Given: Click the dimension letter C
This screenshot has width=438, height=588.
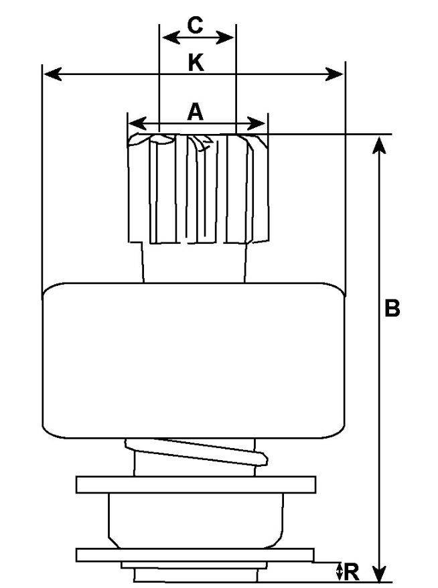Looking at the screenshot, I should click(x=194, y=25).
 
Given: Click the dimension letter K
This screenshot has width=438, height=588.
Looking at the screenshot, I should click(x=195, y=62).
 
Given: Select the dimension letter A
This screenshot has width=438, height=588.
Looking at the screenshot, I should click(x=194, y=111).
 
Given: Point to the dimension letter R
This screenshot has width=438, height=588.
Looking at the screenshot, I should click(x=352, y=572).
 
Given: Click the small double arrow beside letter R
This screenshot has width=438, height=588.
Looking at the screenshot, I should click(x=340, y=571).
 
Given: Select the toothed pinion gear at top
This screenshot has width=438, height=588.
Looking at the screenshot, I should click(x=199, y=188).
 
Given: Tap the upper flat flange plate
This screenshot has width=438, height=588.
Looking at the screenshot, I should click(x=195, y=484).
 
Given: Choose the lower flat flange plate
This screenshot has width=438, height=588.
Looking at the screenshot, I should click(x=195, y=555).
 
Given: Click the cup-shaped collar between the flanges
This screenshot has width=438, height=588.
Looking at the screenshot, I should click(x=195, y=519).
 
